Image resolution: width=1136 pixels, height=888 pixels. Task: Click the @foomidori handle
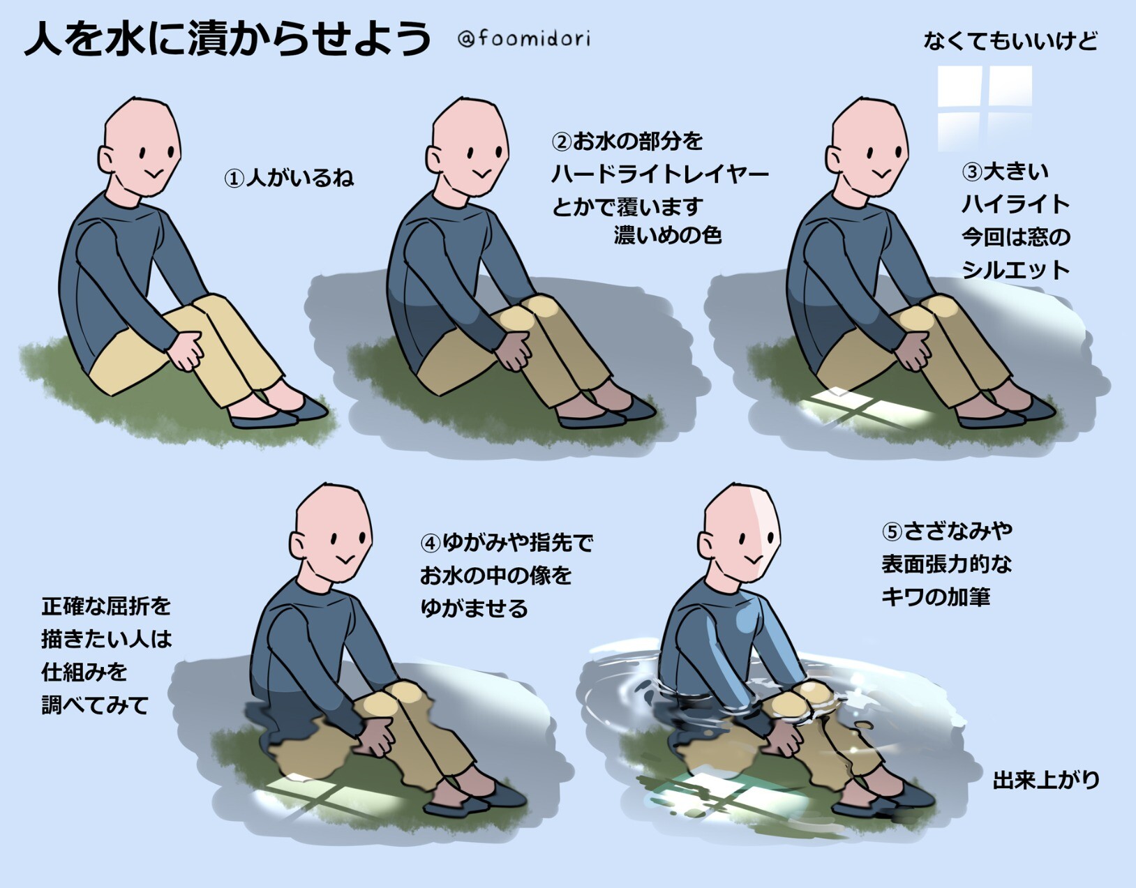point(524,39)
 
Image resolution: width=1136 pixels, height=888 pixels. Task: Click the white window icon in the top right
point(985,109)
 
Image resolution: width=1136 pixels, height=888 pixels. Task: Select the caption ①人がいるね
point(289,178)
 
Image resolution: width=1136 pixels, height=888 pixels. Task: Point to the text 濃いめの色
point(668,235)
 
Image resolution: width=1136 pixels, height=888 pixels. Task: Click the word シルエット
point(1015,269)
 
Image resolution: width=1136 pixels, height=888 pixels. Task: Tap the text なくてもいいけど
point(1010,41)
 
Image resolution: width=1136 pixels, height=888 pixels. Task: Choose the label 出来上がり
point(1046,781)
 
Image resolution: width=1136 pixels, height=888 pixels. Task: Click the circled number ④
point(431,543)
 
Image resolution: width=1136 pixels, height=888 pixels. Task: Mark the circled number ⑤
point(892,532)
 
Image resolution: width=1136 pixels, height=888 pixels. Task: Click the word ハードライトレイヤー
point(660,174)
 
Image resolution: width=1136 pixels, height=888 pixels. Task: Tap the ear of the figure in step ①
point(106,159)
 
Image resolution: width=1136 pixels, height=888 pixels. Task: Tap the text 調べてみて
point(95,705)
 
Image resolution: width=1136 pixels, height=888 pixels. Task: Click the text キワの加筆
point(936,596)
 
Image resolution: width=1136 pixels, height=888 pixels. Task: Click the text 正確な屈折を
point(106,606)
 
